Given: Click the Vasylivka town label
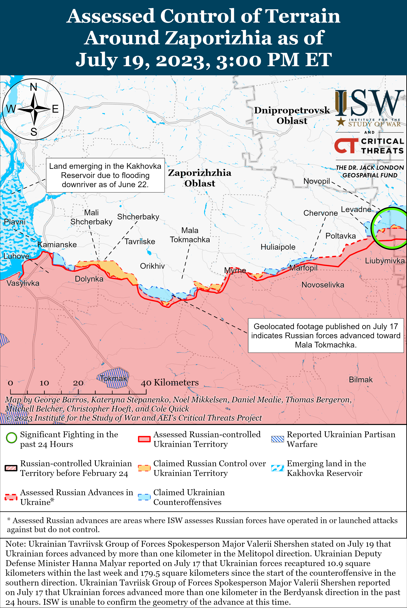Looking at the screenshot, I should (23, 283).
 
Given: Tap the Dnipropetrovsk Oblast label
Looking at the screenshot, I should (292, 115).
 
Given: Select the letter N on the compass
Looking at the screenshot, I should (34, 87).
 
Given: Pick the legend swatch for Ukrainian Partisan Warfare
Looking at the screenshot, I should (277, 439).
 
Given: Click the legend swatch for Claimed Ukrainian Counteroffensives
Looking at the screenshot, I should (144, 497).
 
